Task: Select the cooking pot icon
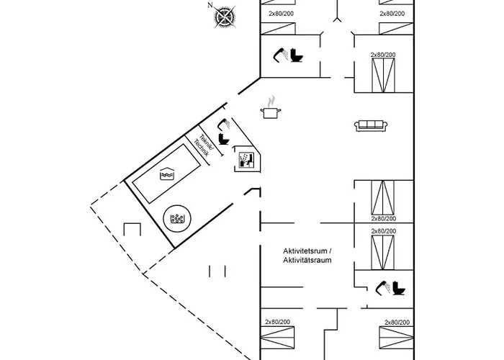(x=271, y=111)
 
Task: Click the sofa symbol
(x=372, y=126)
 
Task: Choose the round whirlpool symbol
(x=175, y=219)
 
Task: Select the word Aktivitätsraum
(x=307, y=259)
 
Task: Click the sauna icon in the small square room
(x=246, y=159)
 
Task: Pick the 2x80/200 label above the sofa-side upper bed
(x=383, y=55)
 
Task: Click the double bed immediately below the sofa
(x=382, y=197)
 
